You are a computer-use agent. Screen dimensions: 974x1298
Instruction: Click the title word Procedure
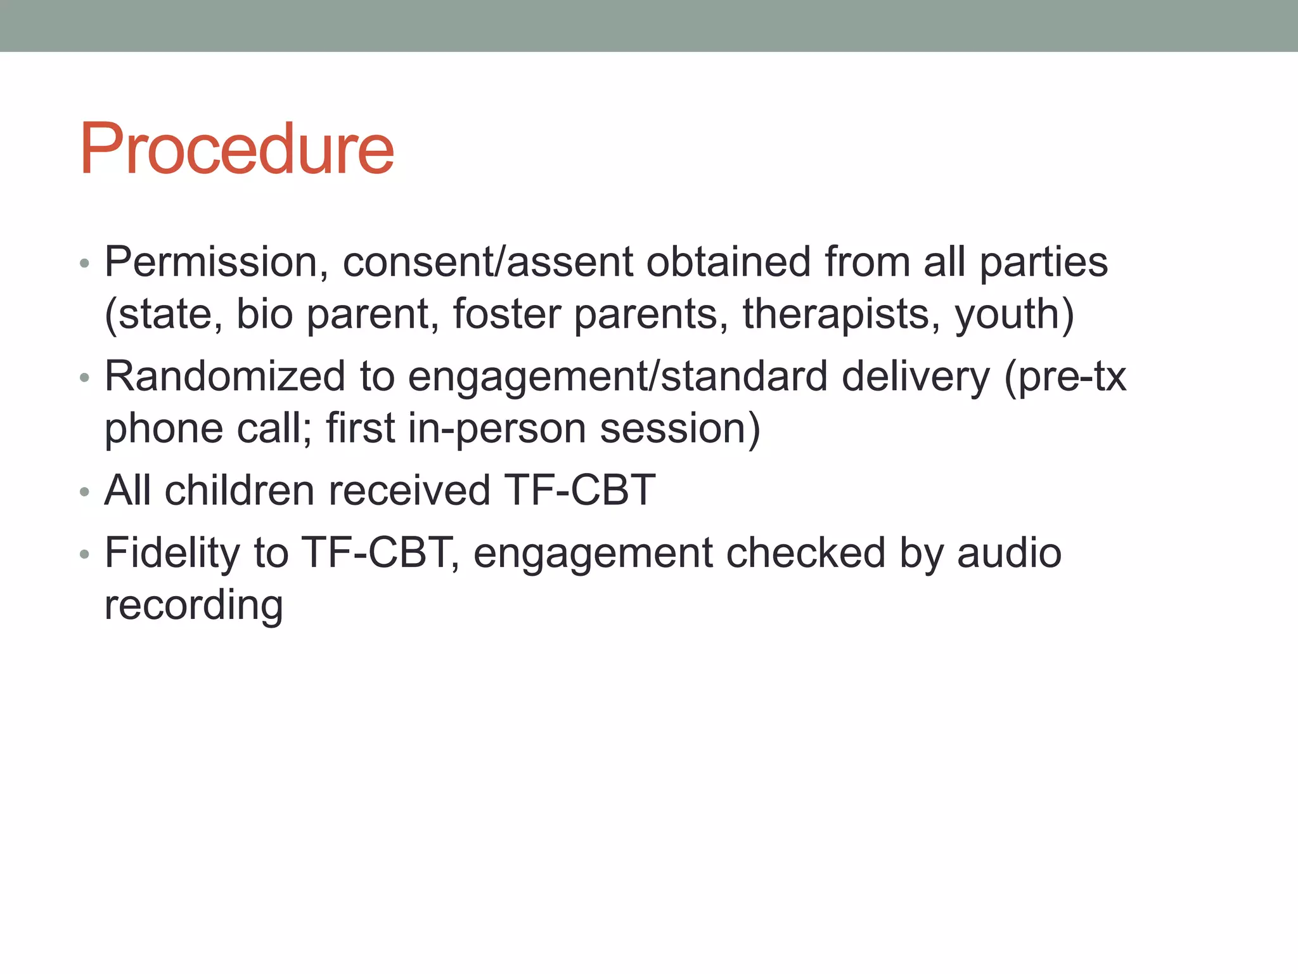[x=236, y=150]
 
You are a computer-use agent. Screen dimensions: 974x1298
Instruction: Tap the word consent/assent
[x=487, y=263]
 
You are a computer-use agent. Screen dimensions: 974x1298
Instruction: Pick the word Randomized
[x=225, y=377]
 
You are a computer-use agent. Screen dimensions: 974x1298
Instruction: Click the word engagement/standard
[x=618, y=377]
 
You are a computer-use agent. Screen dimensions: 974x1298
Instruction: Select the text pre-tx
[x=1071, y=377]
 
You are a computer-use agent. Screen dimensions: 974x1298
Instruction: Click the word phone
[x=164, y=429]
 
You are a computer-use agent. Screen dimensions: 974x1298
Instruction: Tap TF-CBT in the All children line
[x=579, y=490]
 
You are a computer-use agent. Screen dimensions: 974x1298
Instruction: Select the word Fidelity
[x=172, y=553]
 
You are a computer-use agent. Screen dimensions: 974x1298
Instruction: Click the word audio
[x=1009, y=553]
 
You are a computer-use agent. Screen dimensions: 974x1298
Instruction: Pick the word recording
[x=193, y=605]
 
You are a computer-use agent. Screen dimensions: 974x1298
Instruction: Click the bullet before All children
[x=85, y=492]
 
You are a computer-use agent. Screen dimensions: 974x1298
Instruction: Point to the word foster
[x=507, y=315]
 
